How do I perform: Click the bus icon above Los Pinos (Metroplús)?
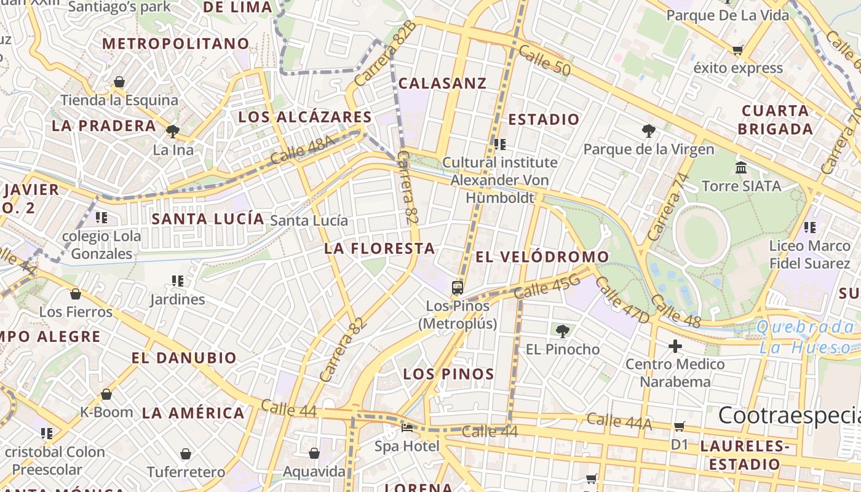coord(457,288)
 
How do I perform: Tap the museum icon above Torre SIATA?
coord(740,167)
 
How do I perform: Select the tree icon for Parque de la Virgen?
coord(648,130)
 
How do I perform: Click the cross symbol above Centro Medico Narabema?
coord(675,346)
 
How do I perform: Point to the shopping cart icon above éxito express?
coord(737,50)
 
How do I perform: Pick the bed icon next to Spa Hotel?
coord(407,427)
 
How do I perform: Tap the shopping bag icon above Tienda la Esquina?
coord(119,82)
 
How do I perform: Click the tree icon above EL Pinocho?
coord(562,331)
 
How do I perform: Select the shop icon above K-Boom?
coord(106,394)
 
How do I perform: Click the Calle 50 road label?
coord(544,60)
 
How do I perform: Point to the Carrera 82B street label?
coord(385,54)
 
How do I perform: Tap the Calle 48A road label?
coord(303,150)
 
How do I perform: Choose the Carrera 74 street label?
coord(666,207)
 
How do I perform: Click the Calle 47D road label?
coord(622,300)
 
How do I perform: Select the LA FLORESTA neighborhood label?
coord(379,248)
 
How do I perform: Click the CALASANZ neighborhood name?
coord(442,83)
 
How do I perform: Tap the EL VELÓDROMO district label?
coord(542,256)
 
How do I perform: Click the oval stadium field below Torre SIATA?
coord(700,236)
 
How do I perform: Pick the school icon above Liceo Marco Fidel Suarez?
coord(810,228)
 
